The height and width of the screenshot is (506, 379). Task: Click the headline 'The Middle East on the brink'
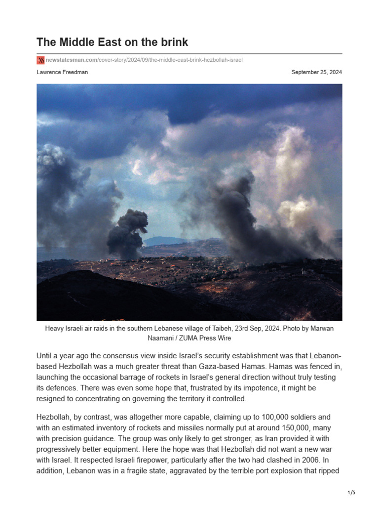(x=112, y=42)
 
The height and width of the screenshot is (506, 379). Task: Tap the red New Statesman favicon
(x=40, y=60)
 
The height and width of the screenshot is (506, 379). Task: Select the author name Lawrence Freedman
(x=62, y=72)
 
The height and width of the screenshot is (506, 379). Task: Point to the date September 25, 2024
(x=316, y=72)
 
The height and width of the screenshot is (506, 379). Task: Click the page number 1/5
(x=351, y=493)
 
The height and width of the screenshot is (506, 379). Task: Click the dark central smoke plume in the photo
(x=127, y=232)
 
